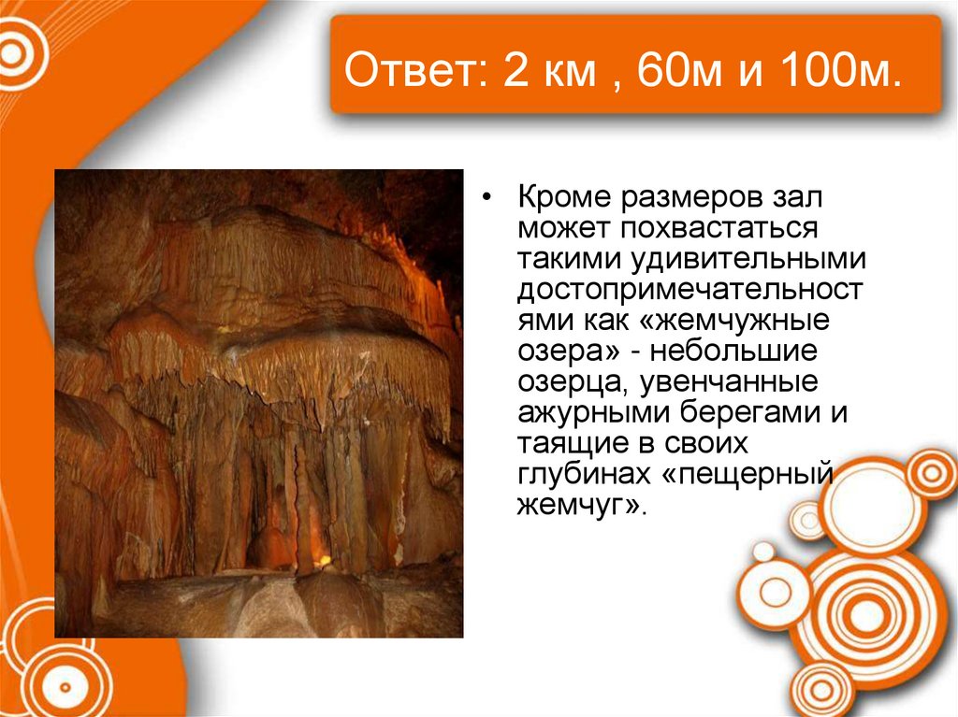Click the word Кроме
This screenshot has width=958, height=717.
pos(560,199)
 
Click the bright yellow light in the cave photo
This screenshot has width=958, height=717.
pos(324,560)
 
